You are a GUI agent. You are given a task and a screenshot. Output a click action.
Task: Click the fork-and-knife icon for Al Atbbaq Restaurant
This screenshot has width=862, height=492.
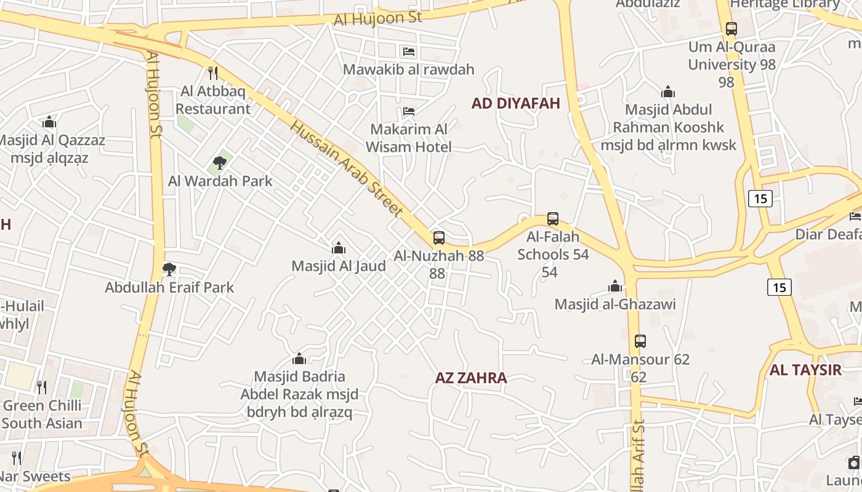point(213,73)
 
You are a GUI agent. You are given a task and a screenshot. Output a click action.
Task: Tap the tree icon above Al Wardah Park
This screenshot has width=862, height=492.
point(220,163)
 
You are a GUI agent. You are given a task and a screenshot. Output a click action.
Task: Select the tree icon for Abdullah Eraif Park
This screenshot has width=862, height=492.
point(169,269)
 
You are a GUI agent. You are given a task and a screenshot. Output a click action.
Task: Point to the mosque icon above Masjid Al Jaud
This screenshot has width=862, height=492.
point(338,248)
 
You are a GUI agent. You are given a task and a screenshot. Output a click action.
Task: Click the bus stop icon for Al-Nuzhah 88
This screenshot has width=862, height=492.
point(438,238)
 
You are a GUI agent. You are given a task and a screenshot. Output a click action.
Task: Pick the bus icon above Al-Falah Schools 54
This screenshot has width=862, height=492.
point(553,219)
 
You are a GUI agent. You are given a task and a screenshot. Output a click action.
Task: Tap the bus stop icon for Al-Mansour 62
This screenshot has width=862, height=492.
point(640,341)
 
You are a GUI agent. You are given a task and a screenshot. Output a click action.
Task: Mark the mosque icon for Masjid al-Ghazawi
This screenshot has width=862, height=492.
point(614,286)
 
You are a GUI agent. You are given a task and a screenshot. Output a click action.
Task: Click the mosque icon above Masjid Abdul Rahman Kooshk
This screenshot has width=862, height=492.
point(668,92)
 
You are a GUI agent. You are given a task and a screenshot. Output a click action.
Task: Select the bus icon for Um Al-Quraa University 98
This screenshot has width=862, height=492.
point(731,29)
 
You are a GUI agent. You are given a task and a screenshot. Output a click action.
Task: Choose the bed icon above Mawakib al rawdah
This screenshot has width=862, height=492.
point(409,52)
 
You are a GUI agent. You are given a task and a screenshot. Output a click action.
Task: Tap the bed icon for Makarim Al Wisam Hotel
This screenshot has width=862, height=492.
point(408,111)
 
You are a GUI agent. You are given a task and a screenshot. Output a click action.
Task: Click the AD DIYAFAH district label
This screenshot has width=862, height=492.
point(516,103)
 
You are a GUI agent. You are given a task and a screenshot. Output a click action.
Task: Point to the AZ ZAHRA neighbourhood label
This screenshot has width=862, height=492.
point(471,378)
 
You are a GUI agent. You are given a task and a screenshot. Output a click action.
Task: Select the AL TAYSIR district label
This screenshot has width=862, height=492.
point(805,370)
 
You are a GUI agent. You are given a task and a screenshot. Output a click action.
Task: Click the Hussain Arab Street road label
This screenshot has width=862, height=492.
point(346,168)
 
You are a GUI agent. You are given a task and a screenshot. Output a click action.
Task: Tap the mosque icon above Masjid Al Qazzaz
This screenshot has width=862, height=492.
point(49,122)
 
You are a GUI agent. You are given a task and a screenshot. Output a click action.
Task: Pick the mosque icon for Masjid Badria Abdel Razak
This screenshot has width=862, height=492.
point(299,359)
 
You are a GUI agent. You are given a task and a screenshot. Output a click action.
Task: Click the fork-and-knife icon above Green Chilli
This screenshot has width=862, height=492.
point(42,387)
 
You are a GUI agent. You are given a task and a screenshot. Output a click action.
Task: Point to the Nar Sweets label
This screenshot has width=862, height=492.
point(35,477)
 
